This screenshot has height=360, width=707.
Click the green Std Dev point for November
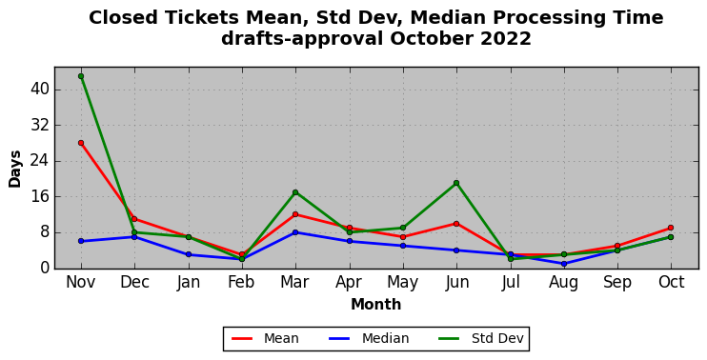tap(81, 76)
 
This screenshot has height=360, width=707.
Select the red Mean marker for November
tap(81, 143)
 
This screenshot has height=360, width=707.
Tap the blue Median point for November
tap(81, 241)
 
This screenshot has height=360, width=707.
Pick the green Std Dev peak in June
tap(456, 183)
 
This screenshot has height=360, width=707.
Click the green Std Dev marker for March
tap(295, 192)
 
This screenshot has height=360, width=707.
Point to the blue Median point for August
tap(564, 264)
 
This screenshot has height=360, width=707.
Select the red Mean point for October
tap(671, 228)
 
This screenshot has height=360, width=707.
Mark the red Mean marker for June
tap(456, 224)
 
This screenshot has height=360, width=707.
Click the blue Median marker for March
tap(295, 232)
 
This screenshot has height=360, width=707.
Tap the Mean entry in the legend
tap(265, 338)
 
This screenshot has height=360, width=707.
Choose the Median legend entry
tap(369, 338)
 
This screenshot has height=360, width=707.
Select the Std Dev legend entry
tap(481, 338)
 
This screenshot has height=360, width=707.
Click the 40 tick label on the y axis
tap(39, 90)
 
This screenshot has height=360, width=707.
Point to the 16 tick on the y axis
tap(39, 197)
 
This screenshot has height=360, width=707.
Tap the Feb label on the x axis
tap(241, 283)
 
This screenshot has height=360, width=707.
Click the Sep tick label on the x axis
tap(617, 283)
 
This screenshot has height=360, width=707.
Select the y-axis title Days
tap(15, 169)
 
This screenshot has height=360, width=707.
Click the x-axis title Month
tap(376, 304)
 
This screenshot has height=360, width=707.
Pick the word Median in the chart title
tap(447, 17)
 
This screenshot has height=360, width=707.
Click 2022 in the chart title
tap(506, 39)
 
